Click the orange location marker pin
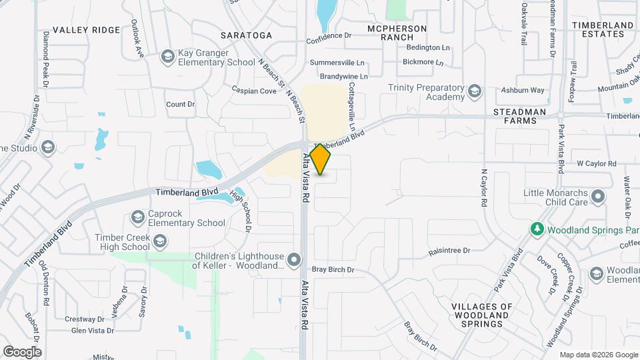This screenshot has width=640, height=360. [x=321, y=159]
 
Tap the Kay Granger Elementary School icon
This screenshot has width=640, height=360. [x=167, y=57]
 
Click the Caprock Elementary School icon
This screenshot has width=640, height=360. [x=138, y=217]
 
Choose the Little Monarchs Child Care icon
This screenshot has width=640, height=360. [x=598, y=197]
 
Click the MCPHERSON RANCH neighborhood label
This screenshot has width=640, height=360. [x=397, y=33]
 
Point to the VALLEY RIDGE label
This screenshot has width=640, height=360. [x=86, y=30]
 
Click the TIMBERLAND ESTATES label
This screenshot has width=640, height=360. [x=602, y=30]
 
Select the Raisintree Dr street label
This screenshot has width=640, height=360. [x=449, y=251]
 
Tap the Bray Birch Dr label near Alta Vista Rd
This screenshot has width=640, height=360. [x=333, y=270]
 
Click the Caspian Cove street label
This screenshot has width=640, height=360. [x=254, y=90]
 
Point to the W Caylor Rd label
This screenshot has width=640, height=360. [x=597, y=163]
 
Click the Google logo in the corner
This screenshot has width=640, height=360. [x=22, y=351]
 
